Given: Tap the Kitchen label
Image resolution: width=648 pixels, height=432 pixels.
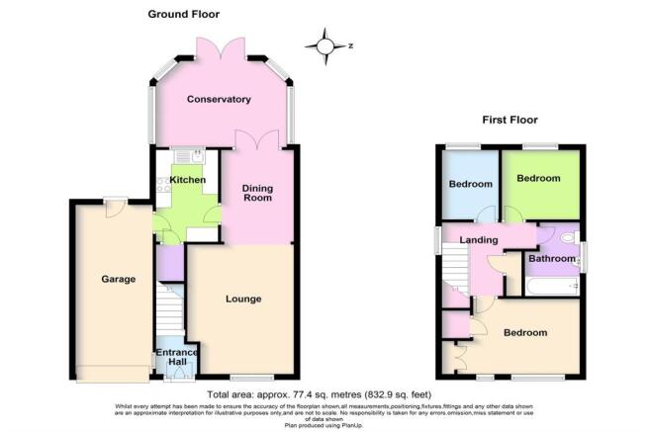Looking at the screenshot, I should pyautogui.click(x=188, y=180).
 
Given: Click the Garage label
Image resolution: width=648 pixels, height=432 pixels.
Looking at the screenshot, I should pyautogui.click(x=118, y=279).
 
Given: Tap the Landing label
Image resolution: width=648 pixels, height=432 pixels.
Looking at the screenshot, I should pyautogui.click(x=480, y=240).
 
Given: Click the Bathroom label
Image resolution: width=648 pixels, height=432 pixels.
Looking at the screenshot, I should pyautogui.click(x=550, y=259).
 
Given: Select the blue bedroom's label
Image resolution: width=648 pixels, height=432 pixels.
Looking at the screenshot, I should pyautogui.click(x=471, y=185).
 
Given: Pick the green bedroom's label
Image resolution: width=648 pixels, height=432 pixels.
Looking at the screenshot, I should pyautogui.click(x=538, y=179).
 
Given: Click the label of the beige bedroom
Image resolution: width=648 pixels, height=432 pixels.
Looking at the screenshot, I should pyautogui.click(x=525, y=333).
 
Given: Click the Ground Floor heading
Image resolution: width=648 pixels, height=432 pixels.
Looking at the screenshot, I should pyautogui.click(x=184, y=14).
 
